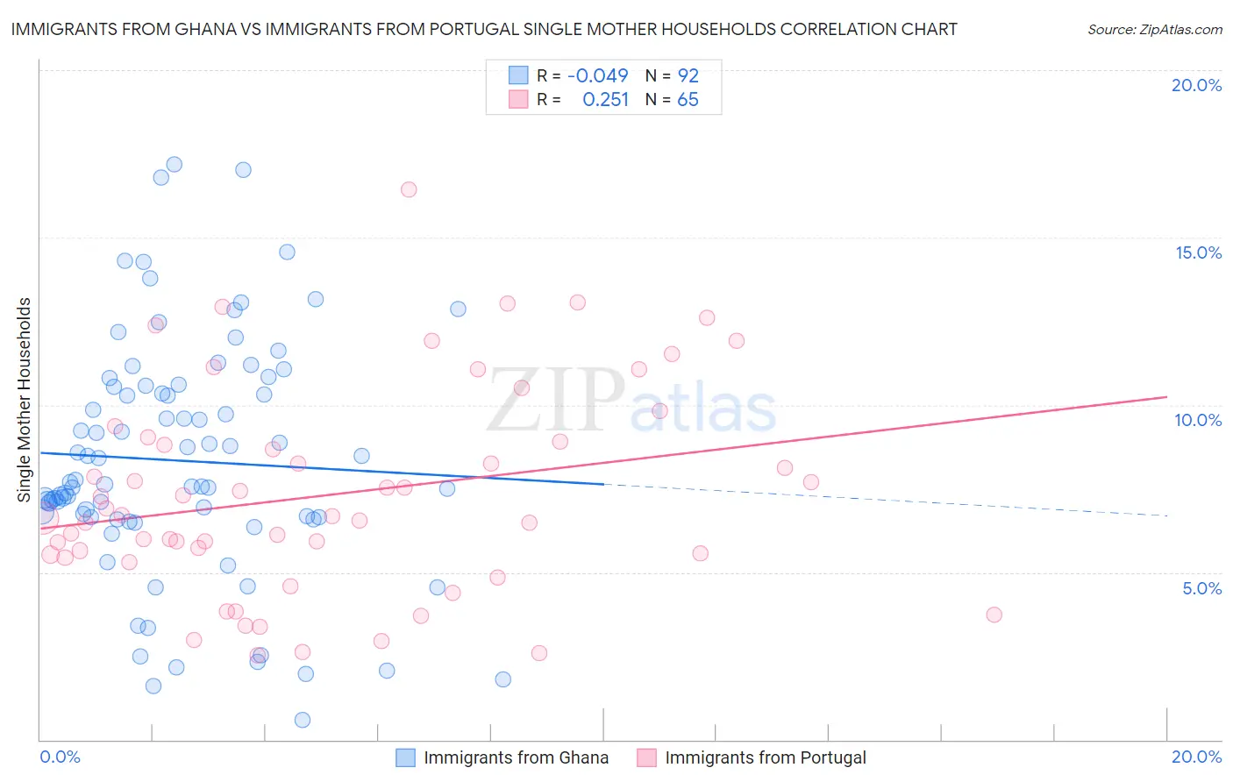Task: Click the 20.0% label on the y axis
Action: click(1196, 85)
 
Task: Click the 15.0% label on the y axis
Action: click(1198, 252)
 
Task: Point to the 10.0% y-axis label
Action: click(1198, 420)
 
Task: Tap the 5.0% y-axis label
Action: click(1201, 588)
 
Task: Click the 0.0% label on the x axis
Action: click(60, 757)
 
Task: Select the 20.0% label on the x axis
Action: click(1196, 757)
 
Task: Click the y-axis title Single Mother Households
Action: click(24, 400)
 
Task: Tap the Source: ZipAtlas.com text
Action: click(1154, 29)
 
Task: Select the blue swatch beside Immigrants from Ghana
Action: click(405, 757)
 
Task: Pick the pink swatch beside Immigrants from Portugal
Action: click(646, 757)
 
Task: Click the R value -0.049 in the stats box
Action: click(598, 75)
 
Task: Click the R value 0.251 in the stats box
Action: click(605, 99)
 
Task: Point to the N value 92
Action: click(688, 75)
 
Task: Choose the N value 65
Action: click(688, 99)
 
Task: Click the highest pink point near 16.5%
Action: click(409, 189)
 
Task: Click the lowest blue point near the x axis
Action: click(303, 720)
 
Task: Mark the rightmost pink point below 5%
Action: click(994, 615)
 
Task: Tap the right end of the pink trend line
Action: click(1166, 397)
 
